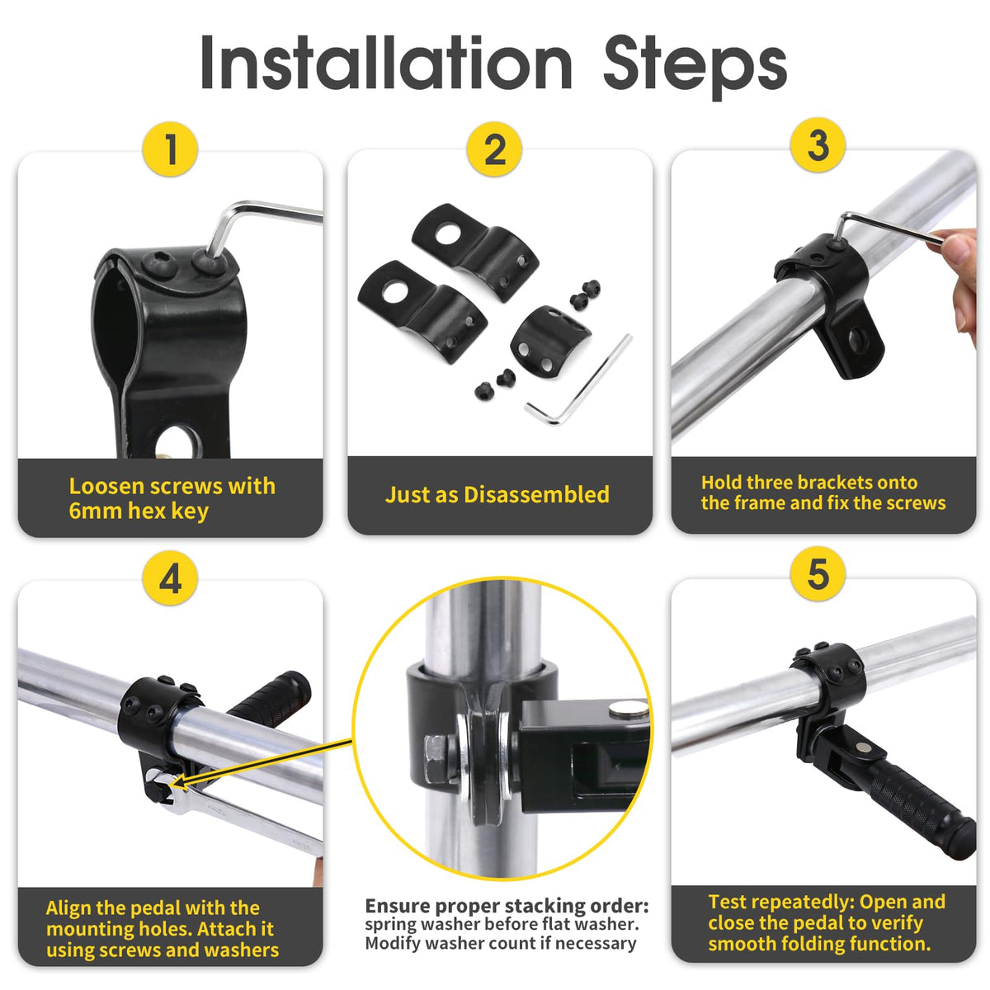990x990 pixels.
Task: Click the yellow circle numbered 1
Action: [x=170, y=149]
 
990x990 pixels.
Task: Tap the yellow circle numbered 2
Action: [x=494, y=149]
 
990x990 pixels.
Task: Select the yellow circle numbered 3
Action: [x=818, y=145]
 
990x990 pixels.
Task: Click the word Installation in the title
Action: [x=386, y=64]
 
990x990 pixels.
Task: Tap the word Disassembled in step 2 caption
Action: [x=536, y=494]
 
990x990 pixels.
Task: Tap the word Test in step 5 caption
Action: [x=729, y=902]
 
